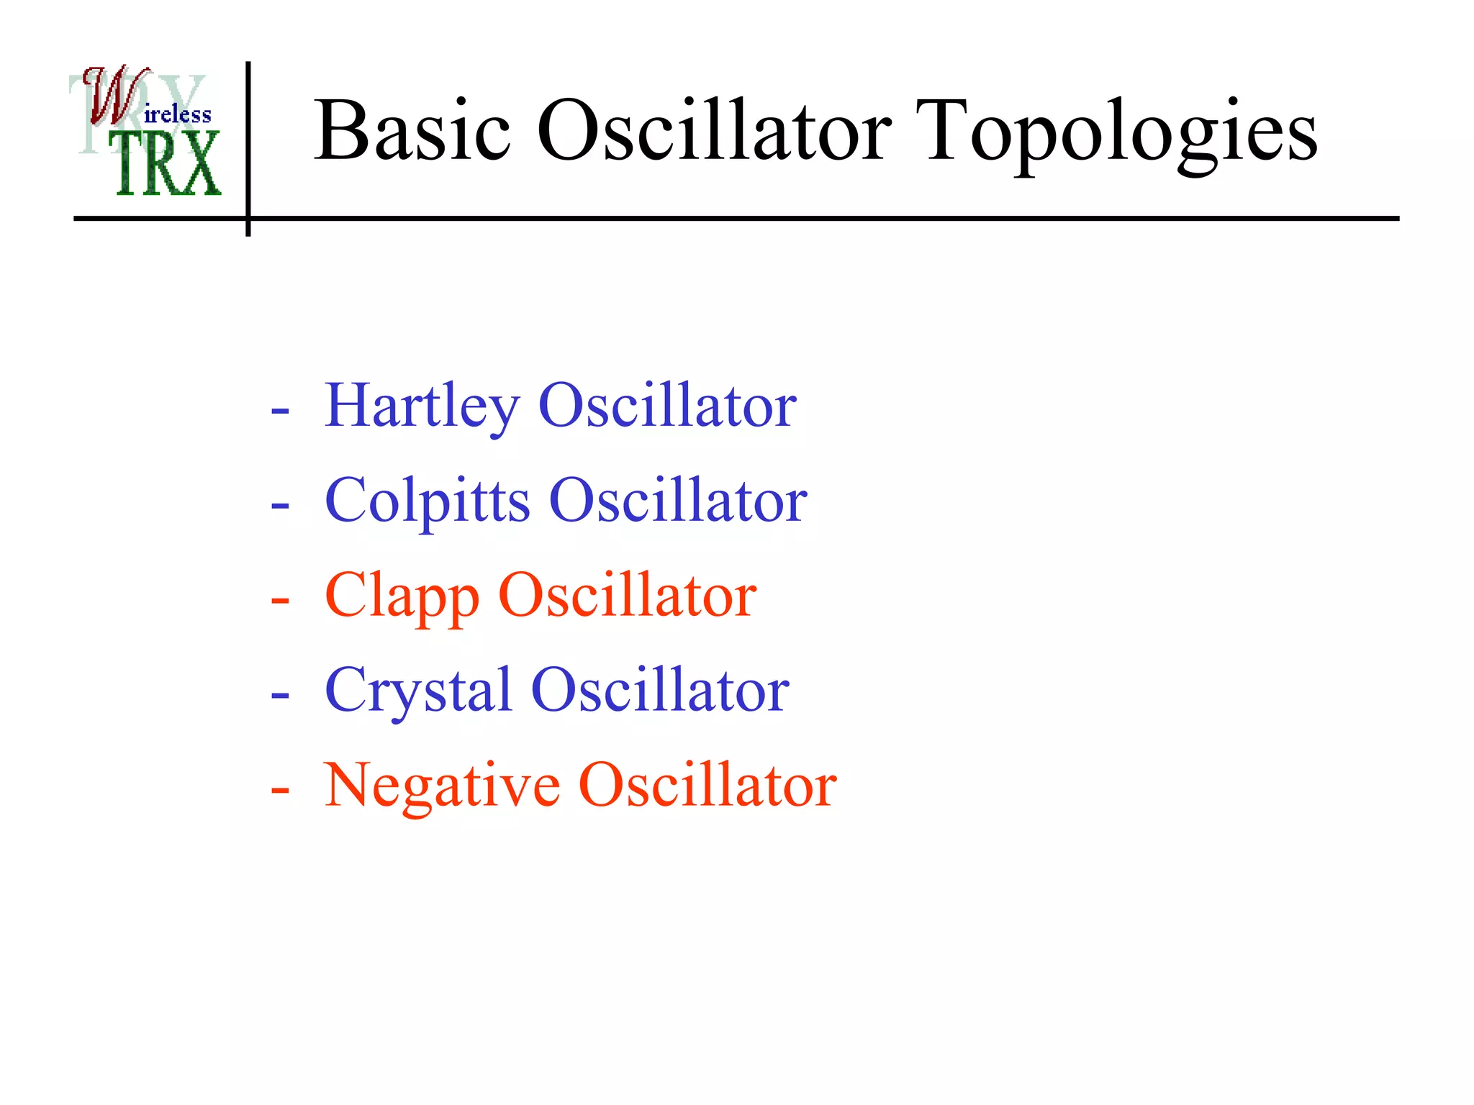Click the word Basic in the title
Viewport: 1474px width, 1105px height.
[x=412, y=131]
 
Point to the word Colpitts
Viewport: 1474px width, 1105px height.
[x=427, y=501]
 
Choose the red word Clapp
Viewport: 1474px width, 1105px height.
[x=402, y=596]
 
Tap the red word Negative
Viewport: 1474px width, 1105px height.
[x=442, y=785]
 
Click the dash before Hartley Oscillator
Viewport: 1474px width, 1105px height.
[x=280, y=411]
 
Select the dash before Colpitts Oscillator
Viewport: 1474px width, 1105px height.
[x=280, y=506]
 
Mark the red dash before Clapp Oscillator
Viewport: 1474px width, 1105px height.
[x=280, y=601]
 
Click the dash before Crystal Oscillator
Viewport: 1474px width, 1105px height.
[x=280, y=696]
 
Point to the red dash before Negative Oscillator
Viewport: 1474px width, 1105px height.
[x=280, y=791]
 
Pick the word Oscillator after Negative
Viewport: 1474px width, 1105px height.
[x=707, y=785]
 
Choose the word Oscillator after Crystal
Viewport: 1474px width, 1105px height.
[x=660, y=691]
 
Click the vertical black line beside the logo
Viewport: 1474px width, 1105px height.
[x=248, y=144]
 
